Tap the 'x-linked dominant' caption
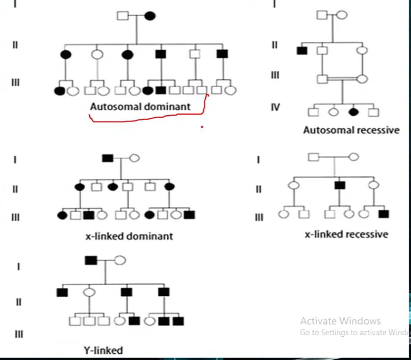pyautogui.click(x=129, y=236)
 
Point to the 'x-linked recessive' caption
pyautogui.click(x=346, y=234)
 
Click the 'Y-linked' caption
pyautogui.click(x=103, y=350)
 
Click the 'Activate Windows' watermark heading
pyautogui.click(x=340, y=321)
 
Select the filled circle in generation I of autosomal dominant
pyautogui.click(x=150, y=16)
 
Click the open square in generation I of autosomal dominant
pyautogui.click(x=123, y=16)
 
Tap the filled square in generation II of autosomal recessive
pyautogui.click(x=302, y=51)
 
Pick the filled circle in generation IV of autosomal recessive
pyautogui.click(x=353, y=112)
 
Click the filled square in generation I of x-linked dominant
pyautogui.click(x=108, y=158)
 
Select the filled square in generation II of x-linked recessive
pyautogui.click(x=340, y=185)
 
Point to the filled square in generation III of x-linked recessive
pyautogui.click(x=384, y=214)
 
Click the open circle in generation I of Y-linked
pyautogui.click(x=120, y=260)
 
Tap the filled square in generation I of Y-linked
pyautogui.click(x=91, y=260)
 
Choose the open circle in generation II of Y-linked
pyautogui.click(x=89, y=292)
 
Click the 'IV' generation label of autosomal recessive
pyautogui.click(x=275, y=107)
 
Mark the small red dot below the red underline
pyautogui.click(x=202, y=127)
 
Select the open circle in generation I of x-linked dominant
pyautogui.click(x=135, y=158)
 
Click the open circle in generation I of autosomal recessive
pyautogui.click(x=342, y=15)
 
